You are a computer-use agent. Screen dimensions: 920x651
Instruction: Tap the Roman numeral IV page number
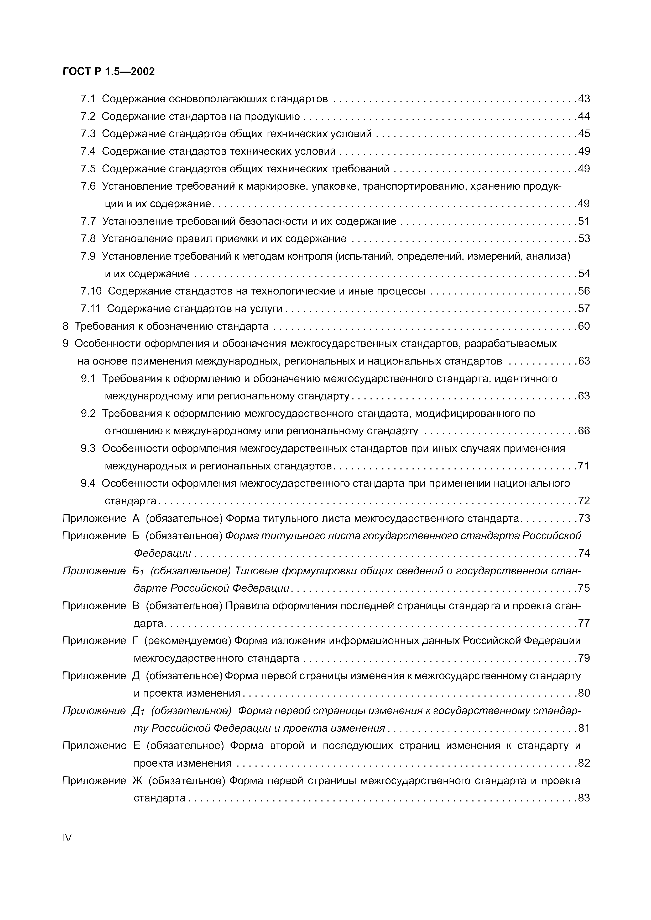(67, 838)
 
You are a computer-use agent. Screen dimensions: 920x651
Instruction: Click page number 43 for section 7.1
(584, 99)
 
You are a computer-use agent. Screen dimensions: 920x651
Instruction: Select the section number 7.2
(88, 116)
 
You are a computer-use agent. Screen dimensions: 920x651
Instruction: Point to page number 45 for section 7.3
(584, 133)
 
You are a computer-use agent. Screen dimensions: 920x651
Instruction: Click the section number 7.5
(88, 169)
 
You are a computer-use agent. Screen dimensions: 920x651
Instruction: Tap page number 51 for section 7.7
(584, 221)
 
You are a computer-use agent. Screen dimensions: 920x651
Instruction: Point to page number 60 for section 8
(584, 326)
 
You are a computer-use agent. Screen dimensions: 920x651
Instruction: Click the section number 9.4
(88, 483)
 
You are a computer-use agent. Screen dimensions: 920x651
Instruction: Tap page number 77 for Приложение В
(584, 623)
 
